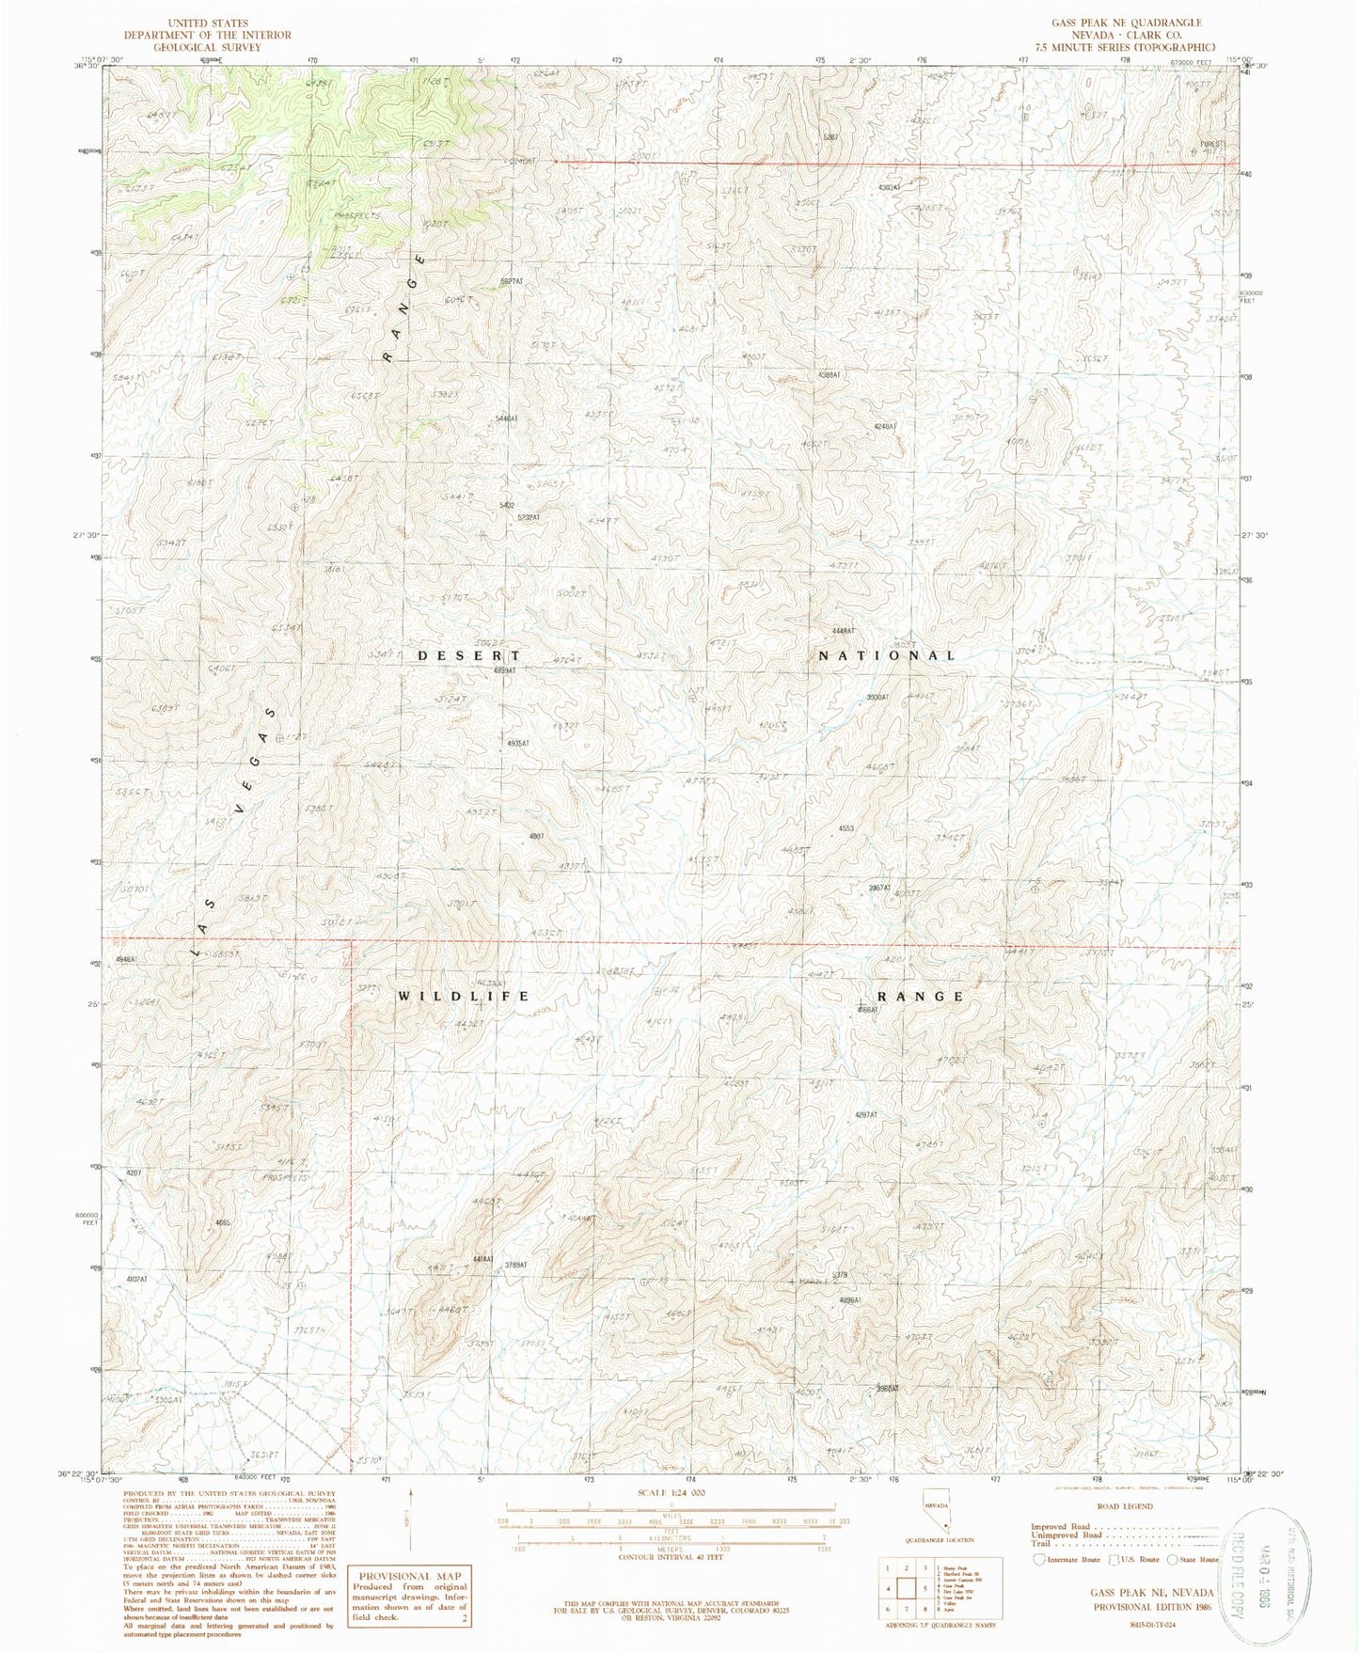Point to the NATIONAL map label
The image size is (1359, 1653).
[886, 655]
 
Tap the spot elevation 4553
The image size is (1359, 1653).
[845, 828]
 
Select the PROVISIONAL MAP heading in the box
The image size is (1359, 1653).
[406, 1576]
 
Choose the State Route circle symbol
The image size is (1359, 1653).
[1173, 1560]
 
